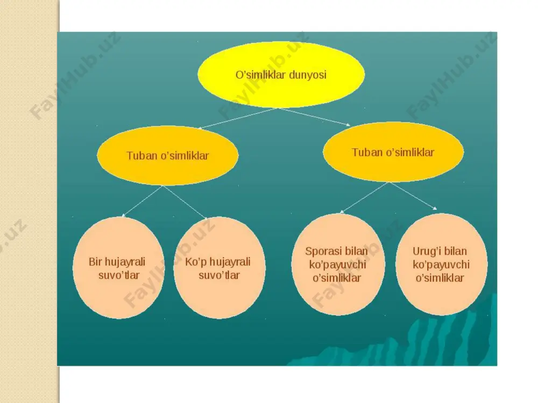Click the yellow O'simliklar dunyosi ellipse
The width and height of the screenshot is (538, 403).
[281, 75]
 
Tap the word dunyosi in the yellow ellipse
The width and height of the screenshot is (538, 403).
[308, 75]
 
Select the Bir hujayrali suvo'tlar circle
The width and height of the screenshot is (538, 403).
[119, 268]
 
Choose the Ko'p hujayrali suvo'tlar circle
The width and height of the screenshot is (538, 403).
[220, 268]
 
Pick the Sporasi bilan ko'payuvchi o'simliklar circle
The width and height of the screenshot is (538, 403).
[338, 264]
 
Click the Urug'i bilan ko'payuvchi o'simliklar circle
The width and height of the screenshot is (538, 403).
[442, 264]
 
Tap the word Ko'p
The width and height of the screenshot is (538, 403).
[195, 262]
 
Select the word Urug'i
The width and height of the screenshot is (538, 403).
[426, 251]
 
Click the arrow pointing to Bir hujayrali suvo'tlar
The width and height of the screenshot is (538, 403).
[142, 201]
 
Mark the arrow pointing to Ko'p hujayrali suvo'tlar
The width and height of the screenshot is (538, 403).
[185, 202]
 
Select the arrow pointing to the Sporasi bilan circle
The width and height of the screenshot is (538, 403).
[364, 198]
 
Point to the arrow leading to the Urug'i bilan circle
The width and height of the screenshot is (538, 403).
[413, 196]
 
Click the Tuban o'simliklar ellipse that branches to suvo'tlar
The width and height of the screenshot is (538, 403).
[168, 156]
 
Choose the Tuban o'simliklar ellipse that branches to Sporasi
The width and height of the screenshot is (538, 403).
[393, 152]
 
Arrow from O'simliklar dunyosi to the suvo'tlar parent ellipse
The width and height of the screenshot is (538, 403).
[238, 118]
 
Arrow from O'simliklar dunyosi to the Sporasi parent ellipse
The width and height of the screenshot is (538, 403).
[314, 117]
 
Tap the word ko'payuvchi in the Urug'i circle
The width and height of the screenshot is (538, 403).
[441, 265]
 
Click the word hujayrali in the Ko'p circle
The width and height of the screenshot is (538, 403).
[229, 262]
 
